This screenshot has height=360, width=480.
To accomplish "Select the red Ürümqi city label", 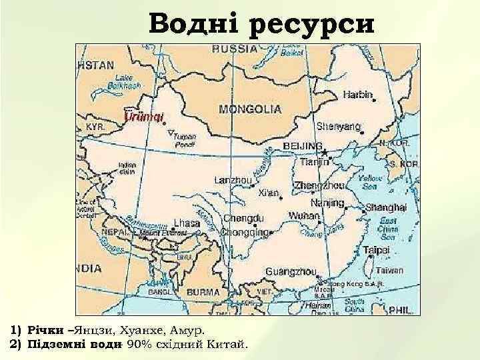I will (x=145, y=117).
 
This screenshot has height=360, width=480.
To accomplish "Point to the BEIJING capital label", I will (x=303, y=146).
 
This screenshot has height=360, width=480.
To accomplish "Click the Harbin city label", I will (x=358, y=95).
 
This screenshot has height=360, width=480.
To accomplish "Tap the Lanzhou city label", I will (x=233, y=179).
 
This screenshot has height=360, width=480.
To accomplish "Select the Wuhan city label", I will (x=304, y=215).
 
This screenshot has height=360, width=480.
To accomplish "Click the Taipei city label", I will (x=377, y=251).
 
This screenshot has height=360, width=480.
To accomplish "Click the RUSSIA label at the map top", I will (x=235, y=49).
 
